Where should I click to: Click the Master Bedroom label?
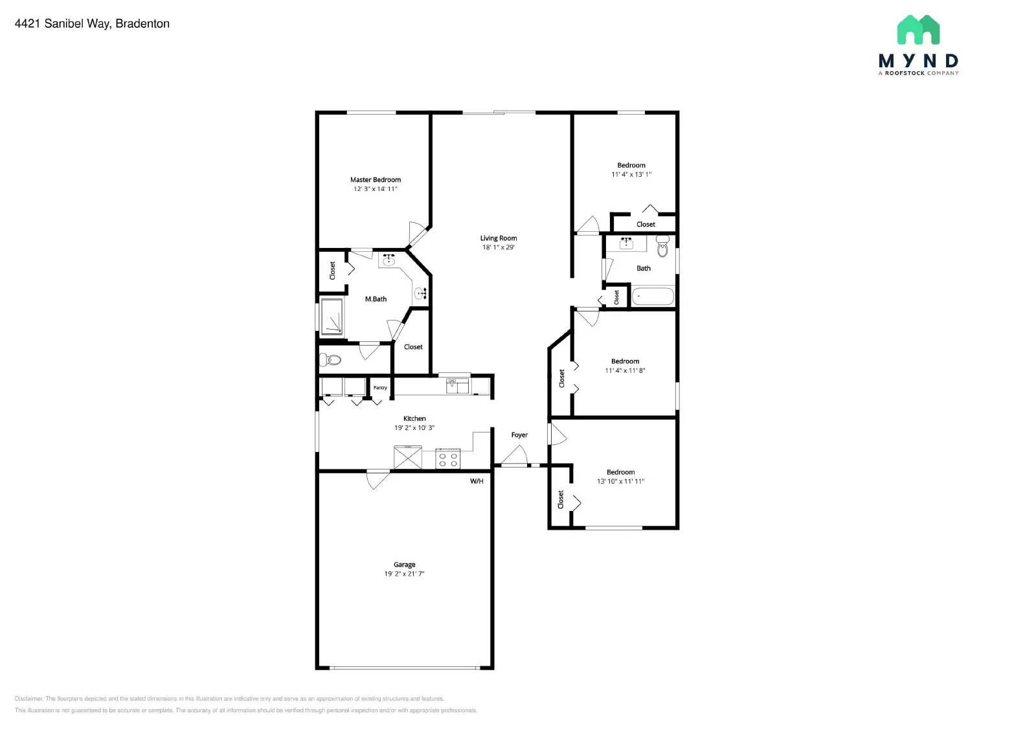(375, 180)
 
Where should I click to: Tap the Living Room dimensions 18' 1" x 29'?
(498, 247)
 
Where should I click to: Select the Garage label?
(404, 565)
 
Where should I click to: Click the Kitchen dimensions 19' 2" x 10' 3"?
(414, 428)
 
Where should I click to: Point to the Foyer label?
(519, 435)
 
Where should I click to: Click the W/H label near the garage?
(477, 481)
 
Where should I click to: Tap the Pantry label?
(380, 388)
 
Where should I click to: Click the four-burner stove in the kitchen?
(447, 459)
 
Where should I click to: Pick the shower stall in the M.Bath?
(332, 317)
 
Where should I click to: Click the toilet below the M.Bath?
(332, 359)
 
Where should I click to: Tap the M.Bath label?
(376, 299)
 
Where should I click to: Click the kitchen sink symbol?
(458, 386)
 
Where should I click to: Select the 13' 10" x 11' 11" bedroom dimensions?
(620, 482)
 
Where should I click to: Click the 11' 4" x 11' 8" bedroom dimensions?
(625, 371)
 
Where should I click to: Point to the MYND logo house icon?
(918, 30)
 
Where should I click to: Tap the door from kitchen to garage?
(377, 479)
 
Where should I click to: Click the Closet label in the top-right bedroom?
(646, 225)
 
